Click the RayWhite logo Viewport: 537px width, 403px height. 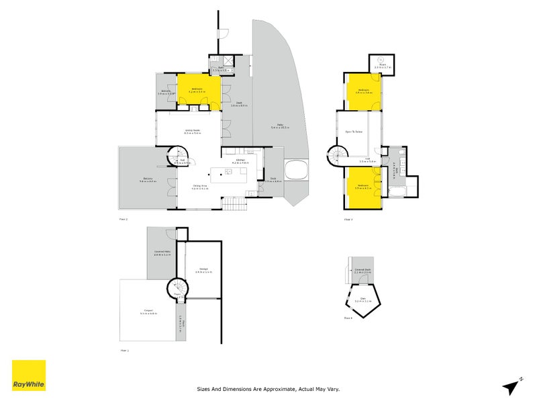29,375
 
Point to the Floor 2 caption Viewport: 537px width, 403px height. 123,220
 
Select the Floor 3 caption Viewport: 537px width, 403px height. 348,220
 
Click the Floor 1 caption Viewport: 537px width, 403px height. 124,351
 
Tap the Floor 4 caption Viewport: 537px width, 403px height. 348,318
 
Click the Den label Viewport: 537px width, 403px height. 363,299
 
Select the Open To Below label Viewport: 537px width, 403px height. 354,132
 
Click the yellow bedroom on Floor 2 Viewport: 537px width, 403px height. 199,92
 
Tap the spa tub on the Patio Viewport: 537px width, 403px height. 295,170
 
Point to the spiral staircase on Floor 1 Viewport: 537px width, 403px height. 179,290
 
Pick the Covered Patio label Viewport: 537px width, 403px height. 162,253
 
